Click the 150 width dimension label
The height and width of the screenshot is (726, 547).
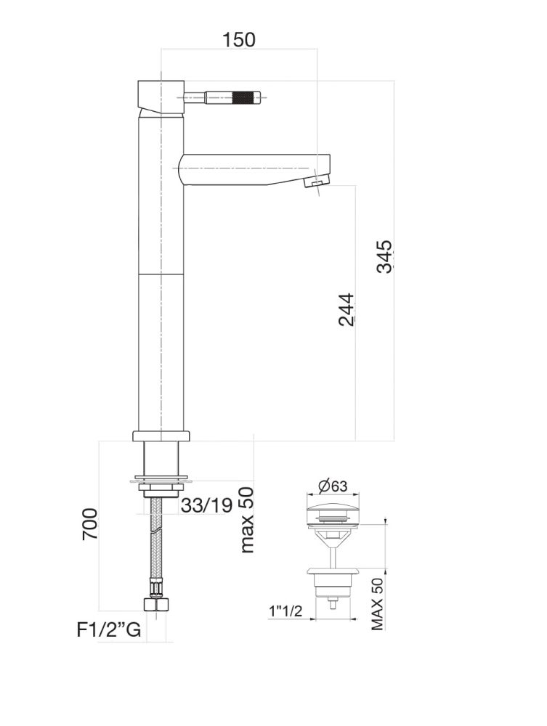tap(239, 39)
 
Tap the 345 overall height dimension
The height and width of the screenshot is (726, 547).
tap(384, 256)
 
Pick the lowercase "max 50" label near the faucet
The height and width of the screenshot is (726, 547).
tap(247, 519)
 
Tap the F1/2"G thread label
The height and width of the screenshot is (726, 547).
tap(109, 629)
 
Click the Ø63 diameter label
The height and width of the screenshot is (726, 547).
tap(333, 487)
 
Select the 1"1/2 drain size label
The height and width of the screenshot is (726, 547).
tap(285, 612)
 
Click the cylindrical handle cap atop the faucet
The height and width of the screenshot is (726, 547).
tap(160, 96)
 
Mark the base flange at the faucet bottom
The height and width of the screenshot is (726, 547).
tap(161, 436)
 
